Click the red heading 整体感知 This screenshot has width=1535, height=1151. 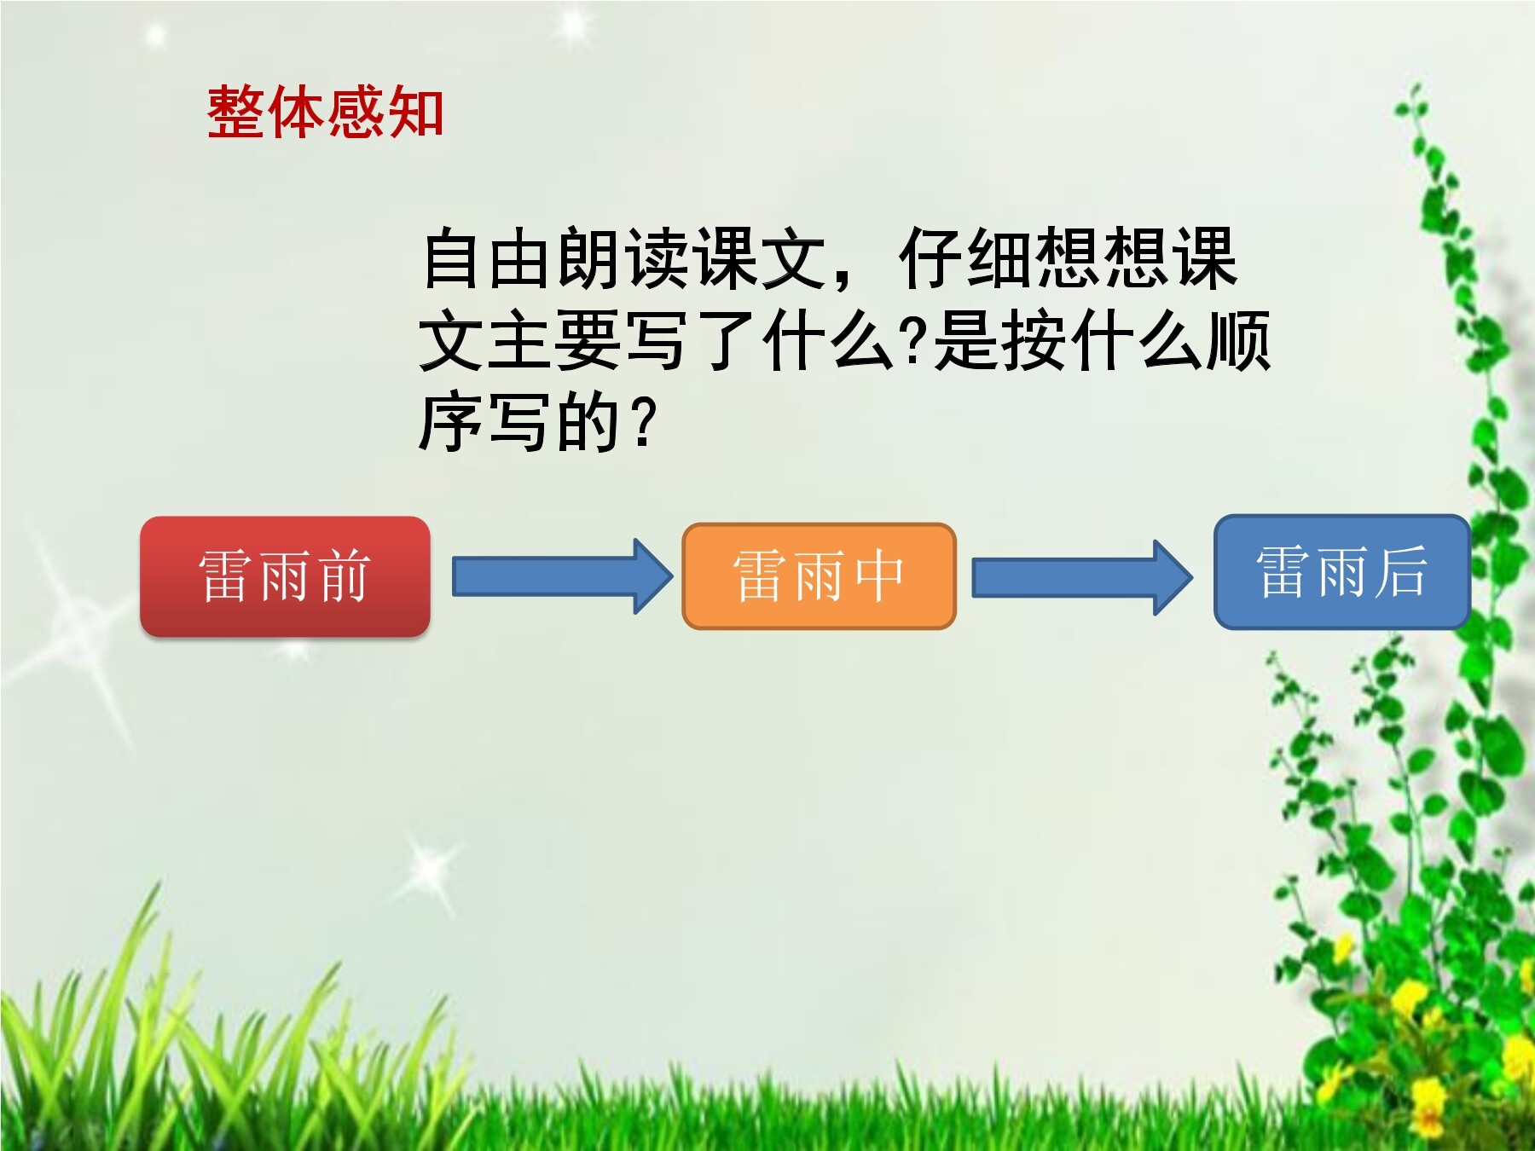coord(325,112)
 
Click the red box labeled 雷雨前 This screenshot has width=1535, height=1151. coord(285,576)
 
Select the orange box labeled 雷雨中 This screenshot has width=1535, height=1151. coord(819,576)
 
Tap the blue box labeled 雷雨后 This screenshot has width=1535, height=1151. coord(1342,571)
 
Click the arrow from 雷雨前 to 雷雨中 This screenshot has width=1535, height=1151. coord(563,576)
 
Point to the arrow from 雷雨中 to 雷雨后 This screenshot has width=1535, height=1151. coord(1083,577)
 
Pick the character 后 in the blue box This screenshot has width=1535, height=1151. coord(1401,571)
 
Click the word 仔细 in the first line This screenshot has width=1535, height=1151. coord(966,257)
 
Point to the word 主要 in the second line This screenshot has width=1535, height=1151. coord(553,340)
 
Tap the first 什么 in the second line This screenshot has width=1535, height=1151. coord(827,340)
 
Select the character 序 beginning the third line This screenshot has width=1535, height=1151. coord(452,422)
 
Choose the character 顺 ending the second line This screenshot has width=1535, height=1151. coord(1237,340)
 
